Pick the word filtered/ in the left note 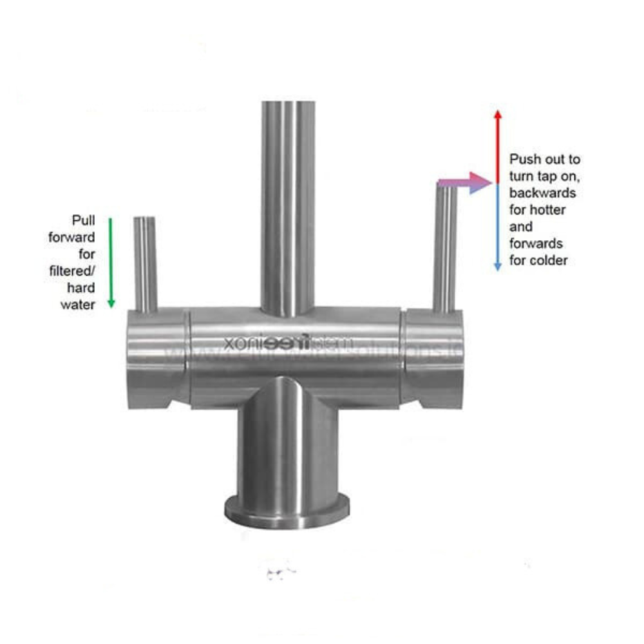[72, 271]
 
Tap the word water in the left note [78, 305]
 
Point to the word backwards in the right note [543, 193]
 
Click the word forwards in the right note [536, 243]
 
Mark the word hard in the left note [81, 288]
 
